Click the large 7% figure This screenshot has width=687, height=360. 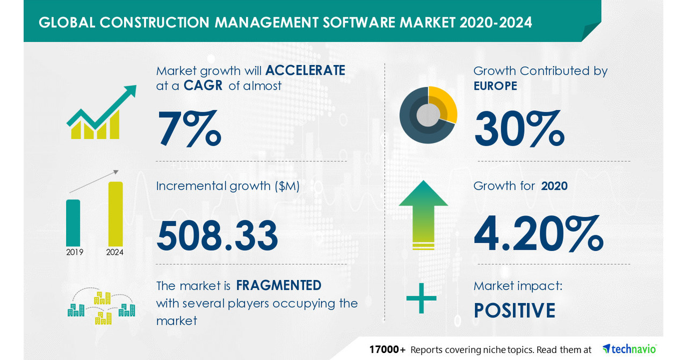click(189, 128)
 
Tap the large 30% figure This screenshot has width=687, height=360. click(519, 128)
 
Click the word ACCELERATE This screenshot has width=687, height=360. click(305, 70)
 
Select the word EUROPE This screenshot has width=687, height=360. click(495, 85)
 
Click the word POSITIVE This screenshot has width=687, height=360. click(514, 311)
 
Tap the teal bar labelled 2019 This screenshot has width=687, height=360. click(73, 222)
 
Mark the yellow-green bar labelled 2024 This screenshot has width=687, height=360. click(115, 213)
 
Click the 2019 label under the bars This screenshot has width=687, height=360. click(74, 251)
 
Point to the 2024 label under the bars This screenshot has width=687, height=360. click(115, 251)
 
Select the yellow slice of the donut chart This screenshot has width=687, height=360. click(445, 105)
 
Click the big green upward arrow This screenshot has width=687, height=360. click(423, 215)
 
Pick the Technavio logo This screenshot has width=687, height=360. click(629, 349)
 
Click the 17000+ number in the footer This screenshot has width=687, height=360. click(387, 350)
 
